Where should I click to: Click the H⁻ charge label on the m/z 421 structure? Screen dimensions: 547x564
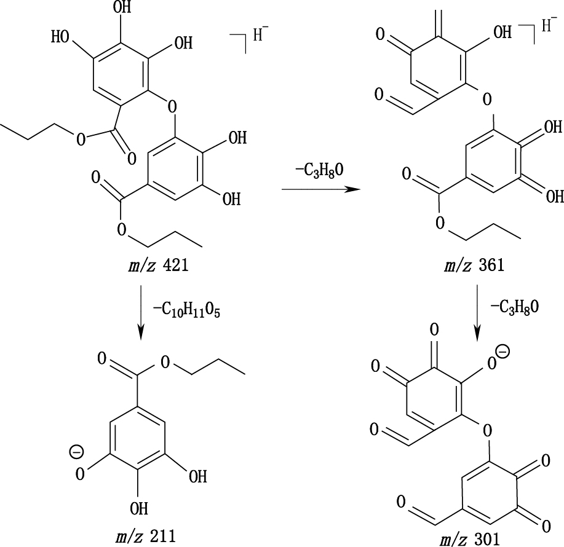click(x=261, y=35)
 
